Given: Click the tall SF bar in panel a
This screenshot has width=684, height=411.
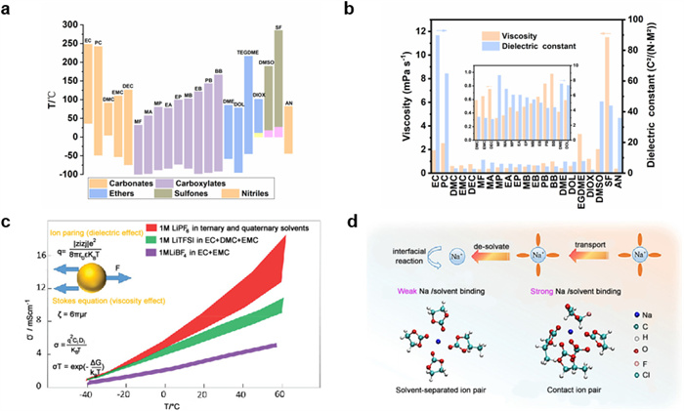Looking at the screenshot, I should (x=278, y=78).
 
